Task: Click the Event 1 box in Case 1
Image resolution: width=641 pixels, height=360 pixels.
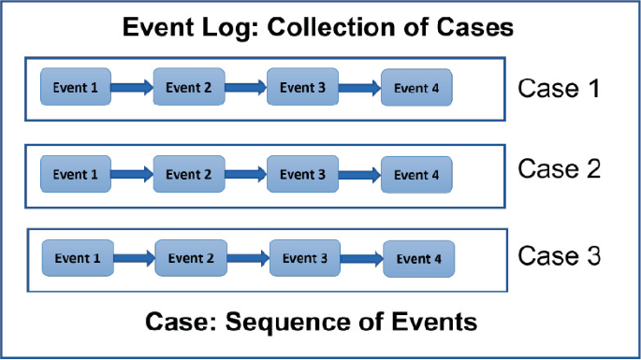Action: coord(76,88)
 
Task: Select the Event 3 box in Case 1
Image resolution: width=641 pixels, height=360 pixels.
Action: coord(302,88)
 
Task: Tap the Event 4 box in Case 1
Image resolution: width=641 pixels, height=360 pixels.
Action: coord(415,89)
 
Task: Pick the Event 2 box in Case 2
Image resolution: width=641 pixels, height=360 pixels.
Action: coord(189,174)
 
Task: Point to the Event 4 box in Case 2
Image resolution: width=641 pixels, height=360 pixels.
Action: coord(415,175)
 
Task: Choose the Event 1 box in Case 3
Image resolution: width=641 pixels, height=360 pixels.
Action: coord(78,257)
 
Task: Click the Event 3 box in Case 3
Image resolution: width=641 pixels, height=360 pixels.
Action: coord(305,257)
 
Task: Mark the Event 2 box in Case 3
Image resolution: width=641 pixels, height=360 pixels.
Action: coord(191,257)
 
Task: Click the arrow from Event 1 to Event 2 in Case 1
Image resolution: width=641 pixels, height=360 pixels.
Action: coord(132,89)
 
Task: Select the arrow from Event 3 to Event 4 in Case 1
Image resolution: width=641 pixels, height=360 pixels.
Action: coord(359,89)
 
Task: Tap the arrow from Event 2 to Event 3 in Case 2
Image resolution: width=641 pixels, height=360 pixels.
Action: coord(246,174)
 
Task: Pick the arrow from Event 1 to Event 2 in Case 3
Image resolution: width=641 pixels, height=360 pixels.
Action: coord(134,258)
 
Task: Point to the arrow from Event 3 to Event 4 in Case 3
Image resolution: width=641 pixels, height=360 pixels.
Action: coord(362,258)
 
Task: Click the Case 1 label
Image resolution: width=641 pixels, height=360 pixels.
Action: coord(558,89)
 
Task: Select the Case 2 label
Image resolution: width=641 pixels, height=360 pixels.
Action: coord(558,169)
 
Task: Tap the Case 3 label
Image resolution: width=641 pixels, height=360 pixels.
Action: coord(559,255)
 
